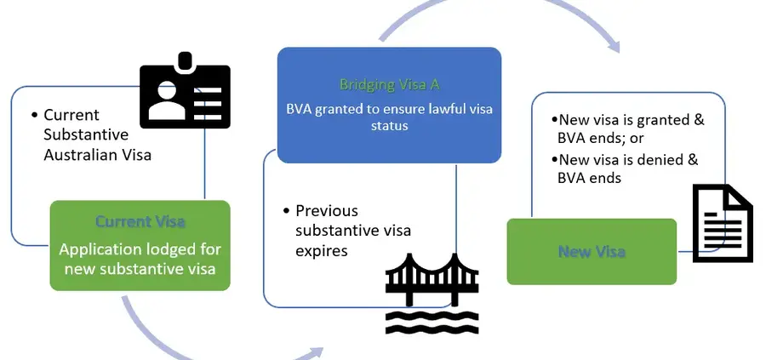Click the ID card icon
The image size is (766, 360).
185,94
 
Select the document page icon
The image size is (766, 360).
722,223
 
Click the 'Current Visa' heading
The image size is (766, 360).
140,222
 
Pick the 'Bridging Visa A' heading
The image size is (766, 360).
389,85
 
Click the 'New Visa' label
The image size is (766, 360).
592,251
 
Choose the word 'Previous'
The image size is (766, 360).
327,210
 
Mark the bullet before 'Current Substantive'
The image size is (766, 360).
33,115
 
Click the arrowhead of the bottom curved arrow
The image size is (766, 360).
317,351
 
